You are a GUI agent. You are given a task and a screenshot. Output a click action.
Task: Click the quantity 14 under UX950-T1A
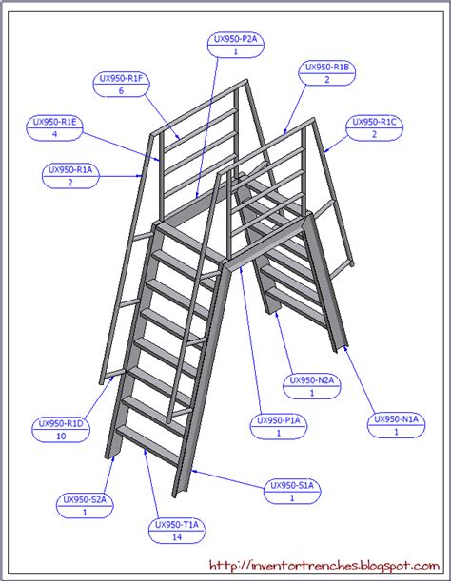click(177, 537)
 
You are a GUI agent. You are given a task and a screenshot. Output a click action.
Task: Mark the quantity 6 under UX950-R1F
click(122, 91)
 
